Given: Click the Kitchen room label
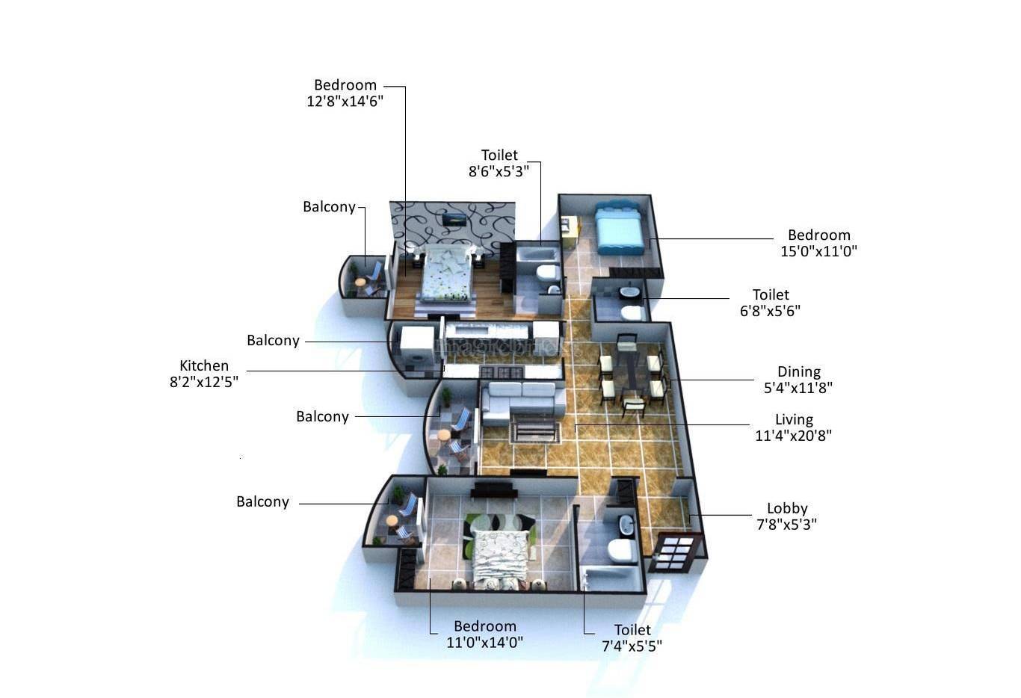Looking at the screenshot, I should point(204,365).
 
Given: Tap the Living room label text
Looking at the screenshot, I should point(794,419).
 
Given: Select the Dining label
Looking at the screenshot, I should point(798,371).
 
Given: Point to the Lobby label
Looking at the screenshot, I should point(787,508).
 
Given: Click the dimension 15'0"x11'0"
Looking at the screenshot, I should point(818,251).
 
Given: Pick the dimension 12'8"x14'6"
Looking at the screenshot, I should point(345,101).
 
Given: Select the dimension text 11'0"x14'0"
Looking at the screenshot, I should point(484,642).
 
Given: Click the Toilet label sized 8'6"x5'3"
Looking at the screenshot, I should point(499,155).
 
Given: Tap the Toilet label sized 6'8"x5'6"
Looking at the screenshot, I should point(771,294).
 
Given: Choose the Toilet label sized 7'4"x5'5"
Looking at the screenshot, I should point(632,630).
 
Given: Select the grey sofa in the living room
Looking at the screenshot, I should point(522,400).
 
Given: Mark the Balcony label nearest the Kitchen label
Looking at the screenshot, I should point(273,340).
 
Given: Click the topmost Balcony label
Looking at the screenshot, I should point(329,206).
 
